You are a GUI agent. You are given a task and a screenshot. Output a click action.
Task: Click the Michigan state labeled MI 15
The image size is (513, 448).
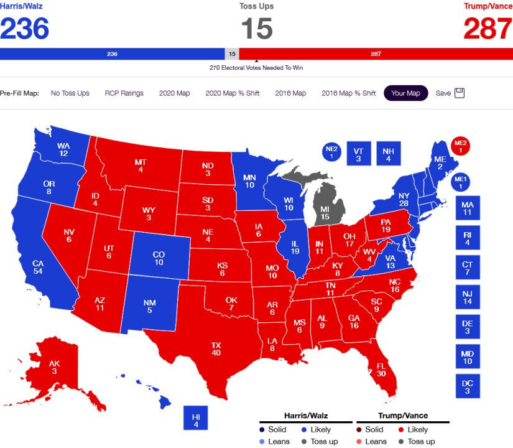coord(325,212)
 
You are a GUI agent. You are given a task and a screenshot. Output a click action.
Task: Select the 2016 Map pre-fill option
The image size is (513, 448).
coord(290,93)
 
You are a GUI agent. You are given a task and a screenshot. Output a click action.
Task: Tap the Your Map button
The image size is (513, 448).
coord(405,93)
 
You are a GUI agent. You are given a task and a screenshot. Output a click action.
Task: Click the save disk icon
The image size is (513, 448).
coord(460,93)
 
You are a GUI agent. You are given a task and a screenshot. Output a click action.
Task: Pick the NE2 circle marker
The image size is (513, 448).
coord(331,152)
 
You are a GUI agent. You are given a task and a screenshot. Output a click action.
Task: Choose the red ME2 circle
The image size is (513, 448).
coord(461,146)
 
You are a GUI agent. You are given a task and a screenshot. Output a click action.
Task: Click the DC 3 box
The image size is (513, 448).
coord(468,386)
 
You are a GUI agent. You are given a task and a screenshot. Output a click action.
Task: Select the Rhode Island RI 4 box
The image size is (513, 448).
coord(468,239)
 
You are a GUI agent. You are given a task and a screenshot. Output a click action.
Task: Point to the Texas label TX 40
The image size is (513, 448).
coord(216,348)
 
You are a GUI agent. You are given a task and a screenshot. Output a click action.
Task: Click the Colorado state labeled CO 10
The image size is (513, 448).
coord(159,258)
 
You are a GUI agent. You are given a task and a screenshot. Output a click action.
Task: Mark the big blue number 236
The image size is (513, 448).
coord(25,28)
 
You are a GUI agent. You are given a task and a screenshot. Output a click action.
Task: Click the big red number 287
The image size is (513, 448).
coord(488,28)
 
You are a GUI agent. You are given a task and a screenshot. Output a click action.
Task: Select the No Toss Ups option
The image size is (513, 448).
coord(70,93)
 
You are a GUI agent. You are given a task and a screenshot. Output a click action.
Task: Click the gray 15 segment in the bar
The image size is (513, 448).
coord(232,54)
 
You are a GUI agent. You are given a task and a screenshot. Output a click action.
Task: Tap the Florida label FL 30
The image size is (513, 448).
coord(381,368)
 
